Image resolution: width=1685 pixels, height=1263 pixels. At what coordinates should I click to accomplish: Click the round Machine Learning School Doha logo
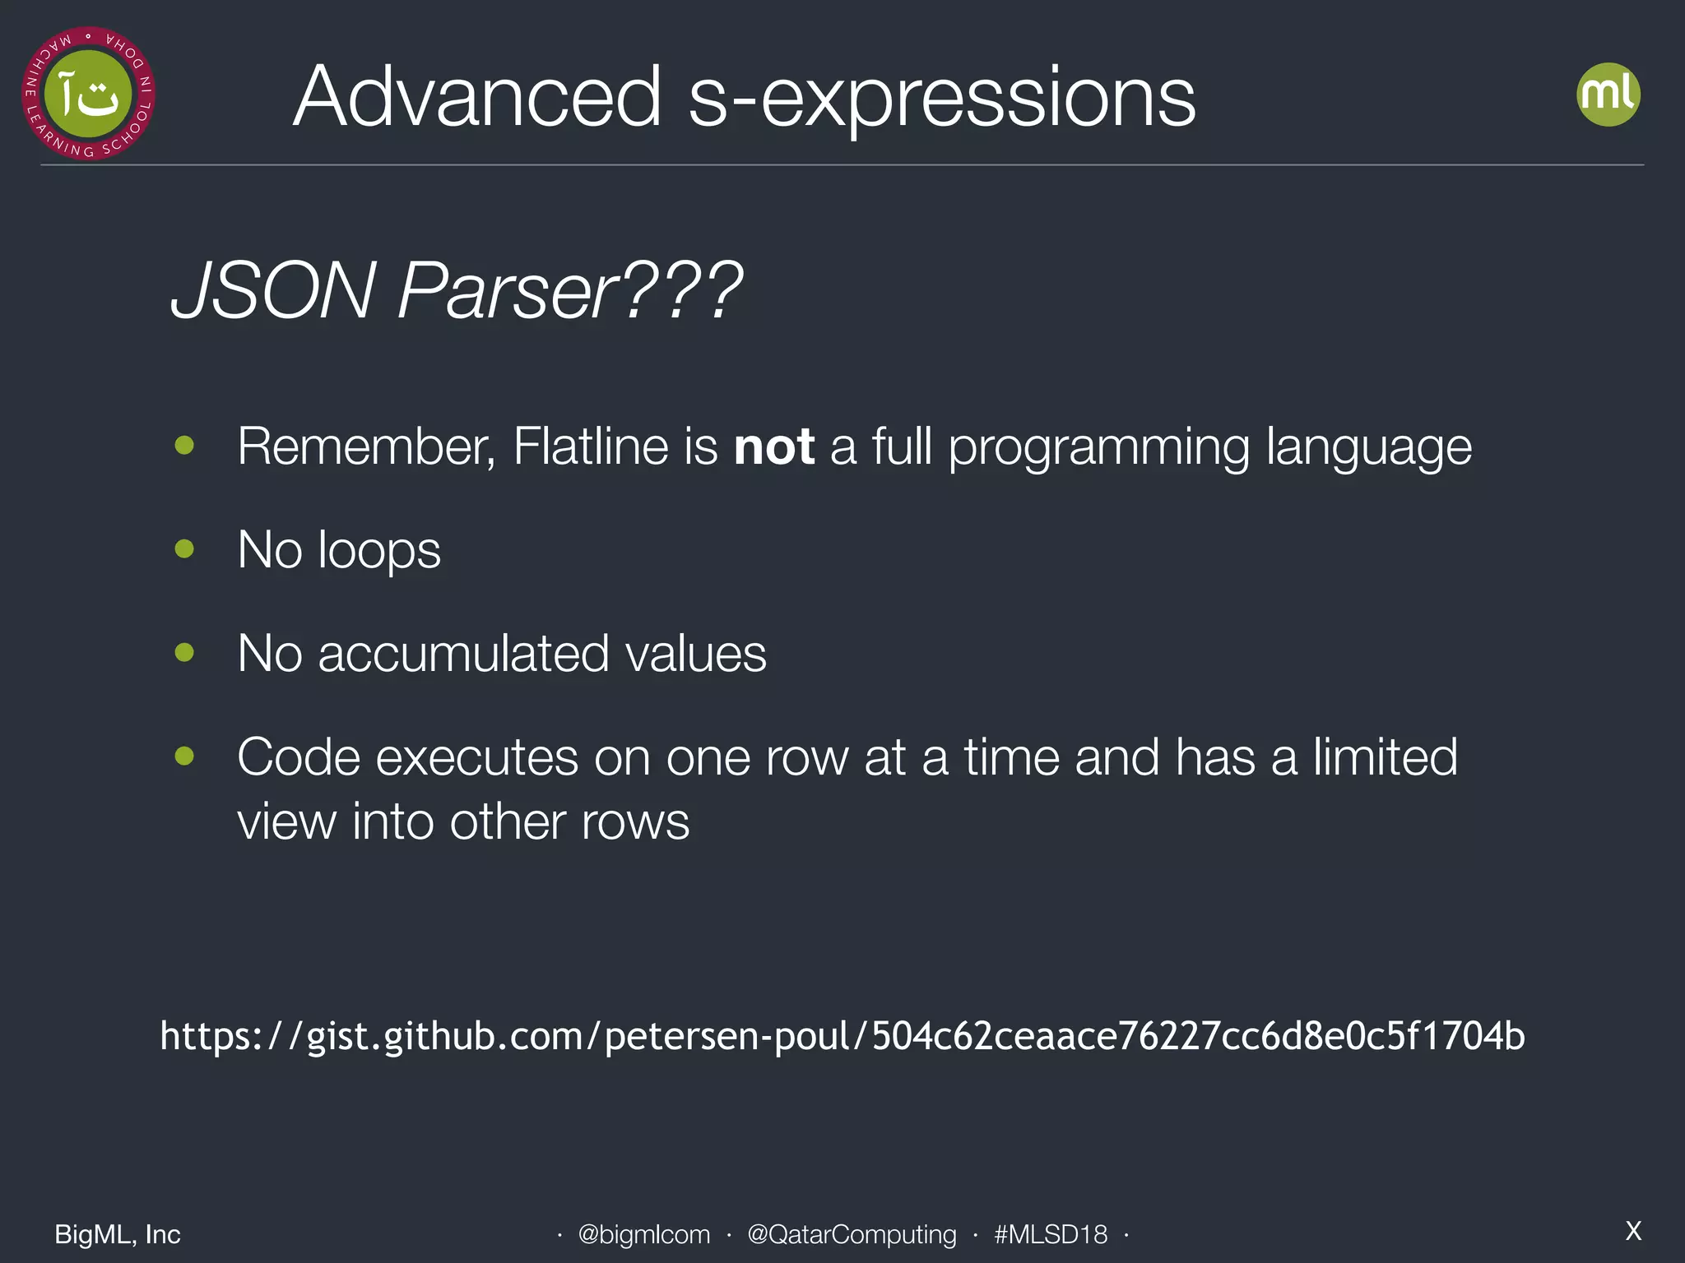coord(88,94)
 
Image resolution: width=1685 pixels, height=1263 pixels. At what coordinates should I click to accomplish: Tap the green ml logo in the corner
coord(1608,95)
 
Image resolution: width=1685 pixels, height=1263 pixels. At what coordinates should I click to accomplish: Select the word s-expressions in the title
coord(941,99)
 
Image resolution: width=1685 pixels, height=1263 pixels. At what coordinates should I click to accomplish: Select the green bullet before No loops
coord(184,548)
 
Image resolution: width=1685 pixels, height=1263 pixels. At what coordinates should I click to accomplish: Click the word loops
coord(379,550)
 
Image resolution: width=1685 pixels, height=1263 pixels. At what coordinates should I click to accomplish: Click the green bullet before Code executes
coord(184,756)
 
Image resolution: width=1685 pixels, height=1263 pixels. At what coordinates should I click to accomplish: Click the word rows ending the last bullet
coord(635,821)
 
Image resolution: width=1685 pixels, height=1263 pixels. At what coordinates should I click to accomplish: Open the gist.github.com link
coord(842,1036)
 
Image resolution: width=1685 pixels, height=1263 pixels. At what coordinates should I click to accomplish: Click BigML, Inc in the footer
coord(118,1234)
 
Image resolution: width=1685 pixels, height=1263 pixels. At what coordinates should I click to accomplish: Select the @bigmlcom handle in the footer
coord(643,1234)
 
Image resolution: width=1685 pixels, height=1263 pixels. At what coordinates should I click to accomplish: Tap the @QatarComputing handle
coord(852,1234)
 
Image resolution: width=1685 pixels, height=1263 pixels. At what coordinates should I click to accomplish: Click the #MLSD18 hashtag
coord(1050,1234)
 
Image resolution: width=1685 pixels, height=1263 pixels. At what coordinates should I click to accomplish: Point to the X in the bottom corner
coord(1633,1231)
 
